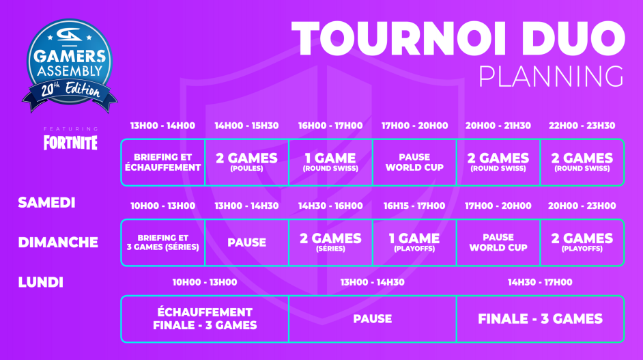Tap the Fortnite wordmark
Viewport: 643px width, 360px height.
coord(70,143)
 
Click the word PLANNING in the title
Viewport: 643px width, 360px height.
coord(550,76)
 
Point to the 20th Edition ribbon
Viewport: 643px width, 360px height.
coord(68,92)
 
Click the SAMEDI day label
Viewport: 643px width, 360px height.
coord(46,203)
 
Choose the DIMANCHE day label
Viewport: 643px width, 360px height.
coord(58,242)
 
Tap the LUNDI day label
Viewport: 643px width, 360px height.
coord(40,281)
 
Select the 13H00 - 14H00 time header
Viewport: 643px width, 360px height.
coord(162,126)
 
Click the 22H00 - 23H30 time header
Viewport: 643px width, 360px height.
coord(582,126)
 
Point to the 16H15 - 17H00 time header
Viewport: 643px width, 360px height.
coord(414,206)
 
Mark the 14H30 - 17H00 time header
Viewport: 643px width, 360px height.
coord(540,281)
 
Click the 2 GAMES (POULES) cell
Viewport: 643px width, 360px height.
coord(246,163)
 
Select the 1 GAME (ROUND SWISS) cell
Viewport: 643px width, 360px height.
coord(330,163)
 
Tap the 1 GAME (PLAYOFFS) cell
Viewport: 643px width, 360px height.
coord(414,243)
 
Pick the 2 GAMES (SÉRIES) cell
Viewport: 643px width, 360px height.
coord(330,243)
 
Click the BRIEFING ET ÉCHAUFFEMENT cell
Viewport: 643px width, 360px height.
coord(162,163)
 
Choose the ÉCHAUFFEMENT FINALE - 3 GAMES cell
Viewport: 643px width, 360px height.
coord(205,319)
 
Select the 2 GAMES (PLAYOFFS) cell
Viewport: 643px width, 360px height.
coord(582,243)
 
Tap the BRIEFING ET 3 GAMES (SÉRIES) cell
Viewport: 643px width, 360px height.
coord(162,243)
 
